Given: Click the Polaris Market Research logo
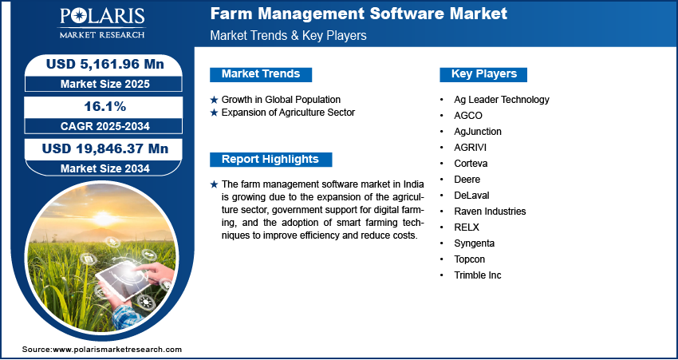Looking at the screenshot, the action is [x=102, y=23].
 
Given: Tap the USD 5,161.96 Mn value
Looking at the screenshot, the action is [x=105, y=65].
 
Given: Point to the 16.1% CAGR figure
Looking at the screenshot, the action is [x=104, y=106].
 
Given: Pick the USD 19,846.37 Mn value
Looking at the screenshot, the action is [x=105, y=148].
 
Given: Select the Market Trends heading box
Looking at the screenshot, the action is [x=261, y=74].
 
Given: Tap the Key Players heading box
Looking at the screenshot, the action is [x=483, y=74].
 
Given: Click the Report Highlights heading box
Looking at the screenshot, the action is [x=270, y=159].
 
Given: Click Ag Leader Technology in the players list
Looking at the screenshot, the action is [x=502, y=100].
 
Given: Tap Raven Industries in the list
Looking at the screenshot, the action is [x=490, y=212].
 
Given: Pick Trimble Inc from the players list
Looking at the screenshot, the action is [x=477, y=275].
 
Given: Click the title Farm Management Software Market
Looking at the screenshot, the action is [x=358, y=14].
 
